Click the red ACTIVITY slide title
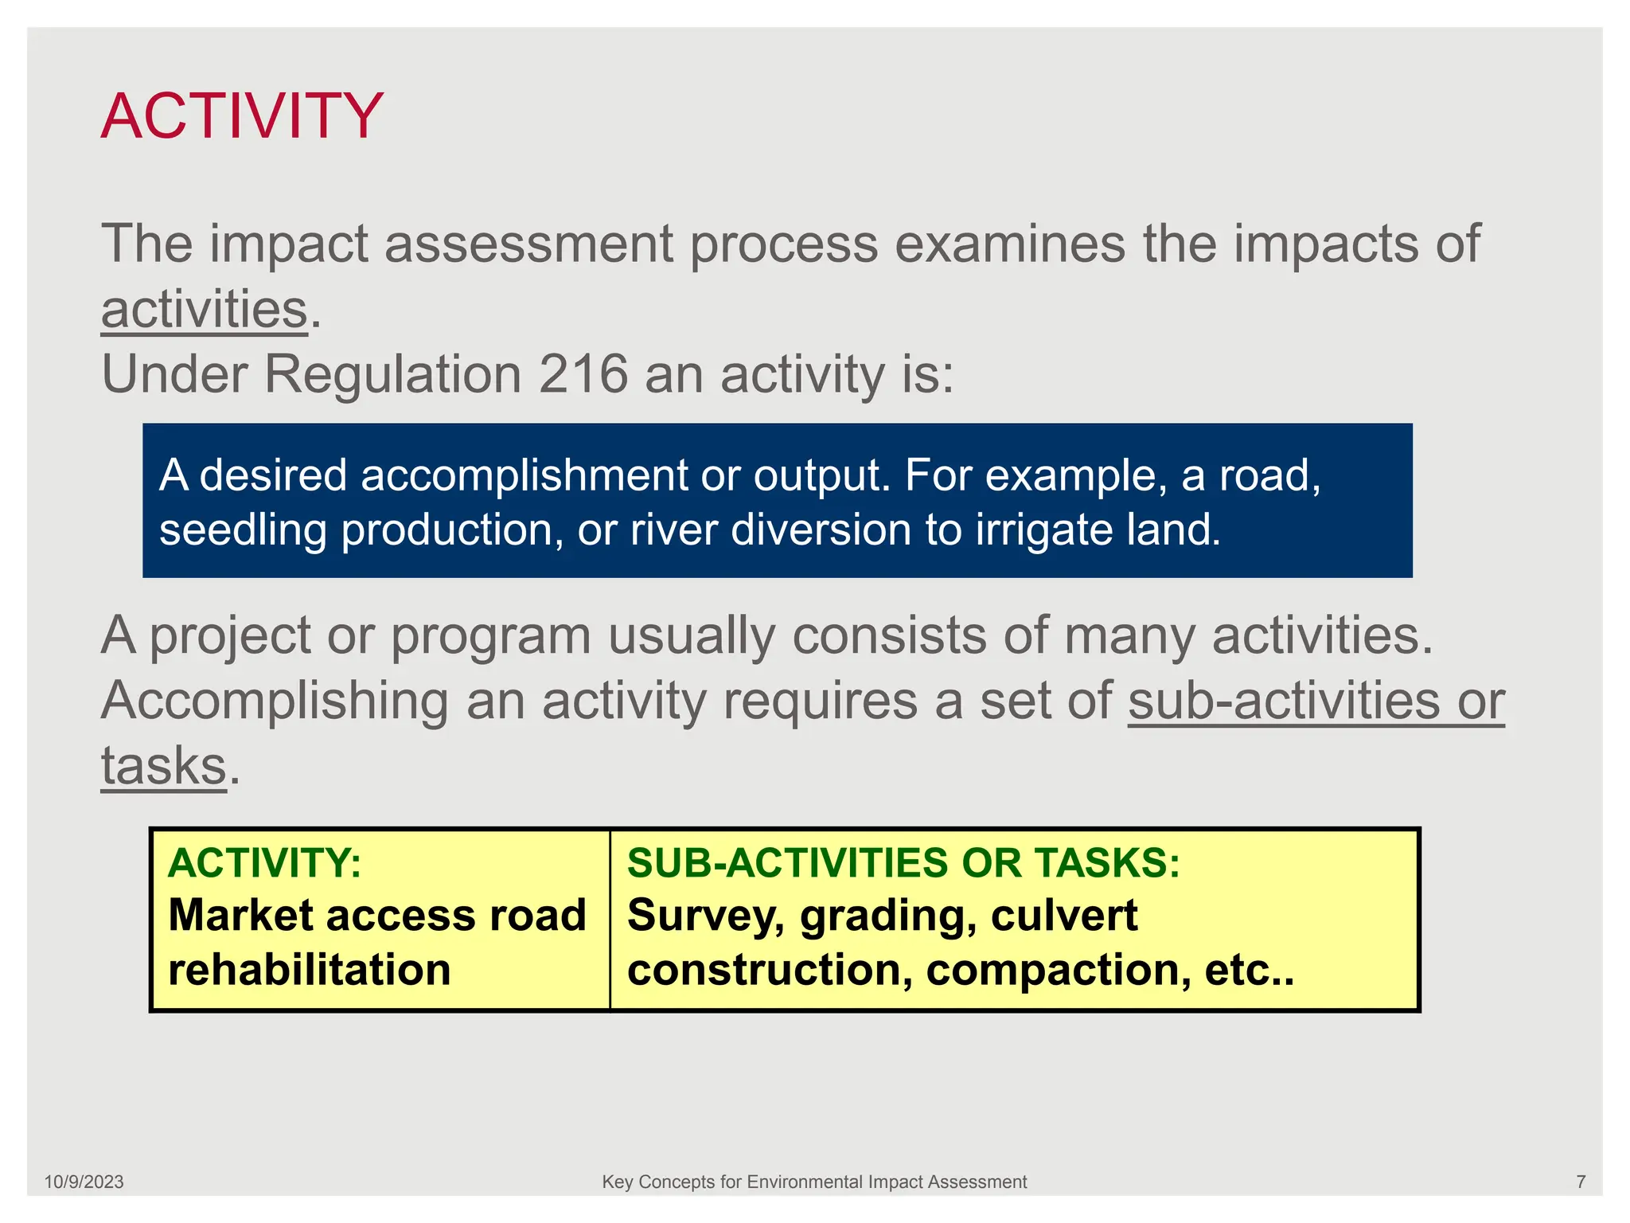[x=242, y=117]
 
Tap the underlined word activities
[x=204, y=310]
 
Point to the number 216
[x=583, y=374]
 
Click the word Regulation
[x=392, y=374]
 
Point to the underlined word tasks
[x=164, y=766]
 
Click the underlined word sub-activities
[x=1283, y=701]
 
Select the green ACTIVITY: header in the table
[x=264, y=863]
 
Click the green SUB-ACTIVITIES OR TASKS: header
[x=903, y=863]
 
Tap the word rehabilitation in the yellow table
[x=310, y=970]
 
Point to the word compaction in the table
[x=1059, y=970]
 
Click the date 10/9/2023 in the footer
[x=84, y=1182]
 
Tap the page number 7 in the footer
[x=1581, y=1182]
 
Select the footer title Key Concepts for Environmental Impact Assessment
[x=814, y=1182]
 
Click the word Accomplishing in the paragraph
[x=275, y=701]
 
